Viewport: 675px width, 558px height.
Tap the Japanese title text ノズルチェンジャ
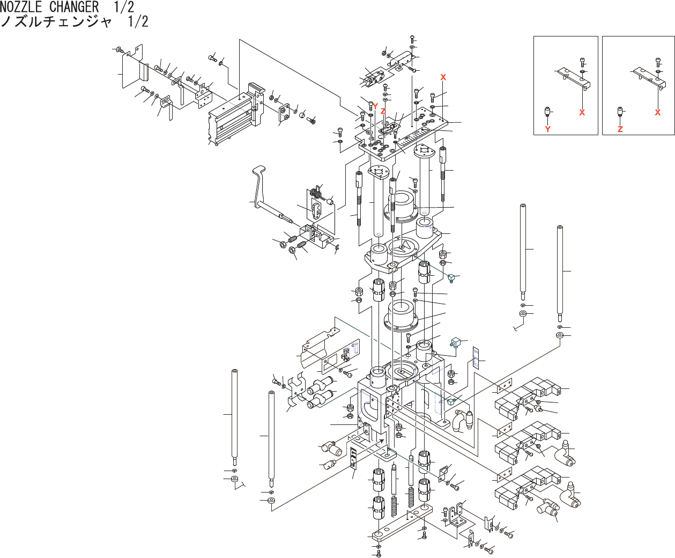[x=56, y=22]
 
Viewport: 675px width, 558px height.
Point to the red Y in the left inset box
[x=548, y=129]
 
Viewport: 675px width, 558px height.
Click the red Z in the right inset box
[x=620, y=129]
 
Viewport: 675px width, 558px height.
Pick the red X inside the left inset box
[x=582, y=113]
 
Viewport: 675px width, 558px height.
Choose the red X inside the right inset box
[x=658, y=113]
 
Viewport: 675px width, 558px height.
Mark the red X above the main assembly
[x=443, y=77]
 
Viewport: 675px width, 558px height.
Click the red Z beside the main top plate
[x=383, y=111]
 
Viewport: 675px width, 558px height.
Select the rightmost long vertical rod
[x=560, y=271]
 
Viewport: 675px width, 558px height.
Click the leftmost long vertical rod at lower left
[x=234, y=416]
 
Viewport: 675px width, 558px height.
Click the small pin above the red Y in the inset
[x=548, y=112]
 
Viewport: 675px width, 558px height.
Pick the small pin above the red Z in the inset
[x=620, y=112]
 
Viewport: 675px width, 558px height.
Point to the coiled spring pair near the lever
[x=317, y=194]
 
